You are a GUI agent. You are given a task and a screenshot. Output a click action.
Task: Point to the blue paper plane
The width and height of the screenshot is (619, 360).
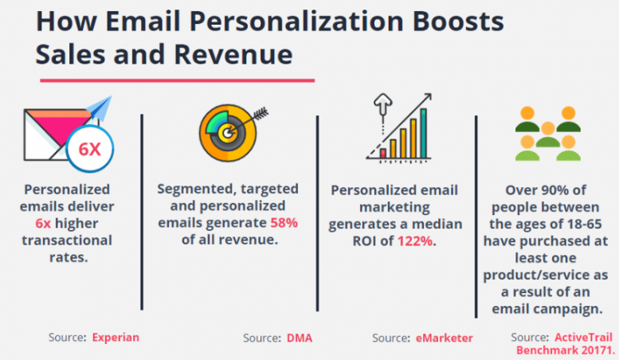[98, 112]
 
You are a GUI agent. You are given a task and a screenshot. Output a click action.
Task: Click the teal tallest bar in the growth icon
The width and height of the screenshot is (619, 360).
[424, 131]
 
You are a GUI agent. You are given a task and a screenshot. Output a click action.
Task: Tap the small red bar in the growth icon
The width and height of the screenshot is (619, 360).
[383, 151]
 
